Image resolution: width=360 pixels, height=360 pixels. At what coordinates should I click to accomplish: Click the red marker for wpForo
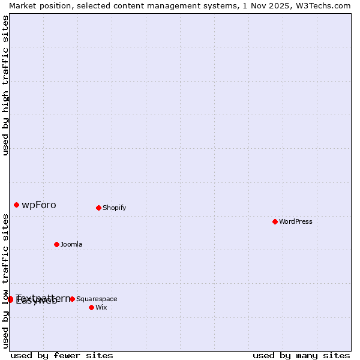coord(16,205)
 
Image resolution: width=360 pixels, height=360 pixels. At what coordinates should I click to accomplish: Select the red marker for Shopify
coord(98,208)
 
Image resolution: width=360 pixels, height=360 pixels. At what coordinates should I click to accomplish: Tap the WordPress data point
coord(275,221)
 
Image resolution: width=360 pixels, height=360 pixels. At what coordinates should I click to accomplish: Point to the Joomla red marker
coord(56,244)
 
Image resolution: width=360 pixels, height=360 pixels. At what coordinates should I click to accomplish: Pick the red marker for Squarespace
coord(72,299)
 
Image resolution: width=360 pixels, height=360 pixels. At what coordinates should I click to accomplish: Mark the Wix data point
coord(91,307)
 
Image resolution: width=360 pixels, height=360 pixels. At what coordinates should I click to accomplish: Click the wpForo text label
coord(39,205)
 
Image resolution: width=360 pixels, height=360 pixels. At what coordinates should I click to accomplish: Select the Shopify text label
coord(114,208)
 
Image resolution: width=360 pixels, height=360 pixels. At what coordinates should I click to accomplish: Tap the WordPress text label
coord(295,221)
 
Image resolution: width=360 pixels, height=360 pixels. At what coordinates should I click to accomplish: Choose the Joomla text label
coord(71,244)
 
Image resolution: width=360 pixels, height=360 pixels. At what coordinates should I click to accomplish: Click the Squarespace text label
coord(97,299)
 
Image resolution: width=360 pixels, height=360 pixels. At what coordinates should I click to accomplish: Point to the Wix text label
coord(101,307)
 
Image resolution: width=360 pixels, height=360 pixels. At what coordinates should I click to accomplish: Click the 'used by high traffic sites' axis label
coord(5,85)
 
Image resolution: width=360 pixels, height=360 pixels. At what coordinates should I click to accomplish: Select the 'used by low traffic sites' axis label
coord(5,281)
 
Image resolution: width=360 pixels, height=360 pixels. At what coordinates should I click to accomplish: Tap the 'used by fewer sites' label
coord(62,355)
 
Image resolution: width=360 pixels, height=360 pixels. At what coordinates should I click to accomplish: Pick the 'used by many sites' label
coord(301,355)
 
